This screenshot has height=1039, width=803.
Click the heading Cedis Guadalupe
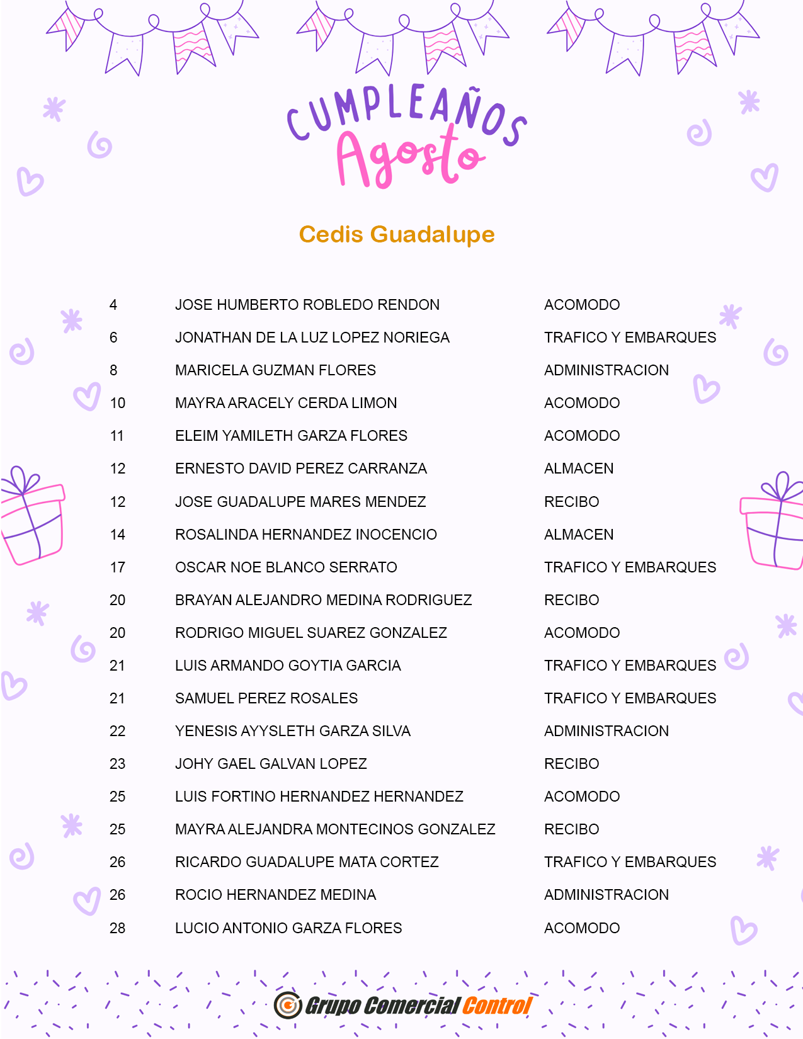click(x=397, y=234)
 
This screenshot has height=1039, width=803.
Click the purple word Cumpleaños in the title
click(x=406, y=113)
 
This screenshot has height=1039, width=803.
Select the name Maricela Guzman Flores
click(x=275, y=370)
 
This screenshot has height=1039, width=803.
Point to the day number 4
click(x=113, y=305)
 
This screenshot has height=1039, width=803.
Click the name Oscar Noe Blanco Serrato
click(x=286, y=567)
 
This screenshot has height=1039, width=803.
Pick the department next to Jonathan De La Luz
click(x=630, y=338)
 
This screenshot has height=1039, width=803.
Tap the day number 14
click(x=118, y=535)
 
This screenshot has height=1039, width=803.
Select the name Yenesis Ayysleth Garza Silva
click(x=293, y=731)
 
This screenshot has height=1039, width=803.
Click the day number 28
click(x=118, y=928)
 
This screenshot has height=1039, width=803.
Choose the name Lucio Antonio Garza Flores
click(x=288, y=928)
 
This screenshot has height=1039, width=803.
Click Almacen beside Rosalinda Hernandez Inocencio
click(x=579, y=535)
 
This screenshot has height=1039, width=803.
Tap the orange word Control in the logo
click(x=498, y=1006)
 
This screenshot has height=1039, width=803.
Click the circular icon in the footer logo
click(x=288, y=1005)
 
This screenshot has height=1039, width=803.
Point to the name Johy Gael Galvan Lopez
click(x=271, y=764)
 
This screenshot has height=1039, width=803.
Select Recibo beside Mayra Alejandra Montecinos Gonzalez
click(x=571, y=829)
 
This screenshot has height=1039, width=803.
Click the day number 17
click(x=118, y=567)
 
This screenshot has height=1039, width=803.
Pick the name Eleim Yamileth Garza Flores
click(x=291, y=436)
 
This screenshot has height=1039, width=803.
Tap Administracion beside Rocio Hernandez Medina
click(x=607, y=895)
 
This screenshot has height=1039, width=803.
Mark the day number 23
click(x=118, y=764)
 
